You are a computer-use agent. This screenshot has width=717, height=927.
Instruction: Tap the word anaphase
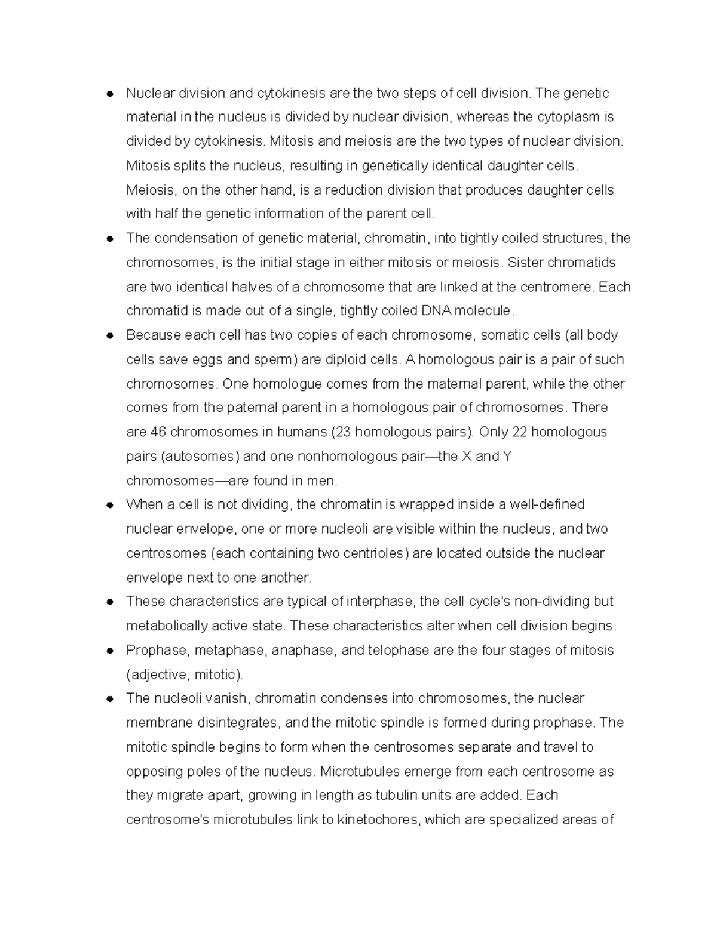(x=304, y=651)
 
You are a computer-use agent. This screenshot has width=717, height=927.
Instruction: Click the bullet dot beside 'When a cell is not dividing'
(x=109, y=505)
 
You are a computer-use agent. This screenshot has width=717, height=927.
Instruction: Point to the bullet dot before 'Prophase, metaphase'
(x=109, y=651)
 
